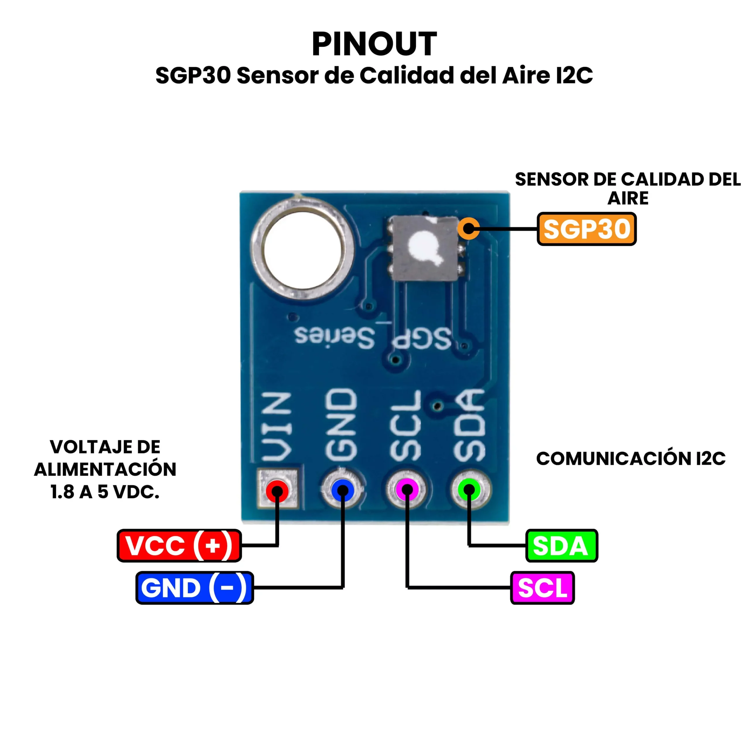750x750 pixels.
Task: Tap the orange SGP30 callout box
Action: point(586,229)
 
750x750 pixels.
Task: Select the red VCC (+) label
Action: point(179,546)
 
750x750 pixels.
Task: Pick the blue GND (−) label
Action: point(195,588)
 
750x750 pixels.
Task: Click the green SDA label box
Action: point(561,546)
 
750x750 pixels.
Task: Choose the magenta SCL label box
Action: point(542,588)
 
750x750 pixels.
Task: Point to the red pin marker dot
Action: point(277,491)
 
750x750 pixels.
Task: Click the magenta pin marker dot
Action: point(407,490)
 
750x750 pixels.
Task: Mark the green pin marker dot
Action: point(469,490)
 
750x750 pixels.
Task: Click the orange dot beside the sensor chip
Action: point(468,228)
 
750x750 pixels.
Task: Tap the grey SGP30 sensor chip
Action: point(425,248)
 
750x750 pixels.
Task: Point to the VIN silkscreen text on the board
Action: point(276,427)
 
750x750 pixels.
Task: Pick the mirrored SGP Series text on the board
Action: point(373,338)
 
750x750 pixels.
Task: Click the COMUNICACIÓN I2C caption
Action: point(631,459)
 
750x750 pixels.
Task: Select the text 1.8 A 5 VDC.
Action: point(105,492)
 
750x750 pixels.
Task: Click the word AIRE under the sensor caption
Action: point(628,199)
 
